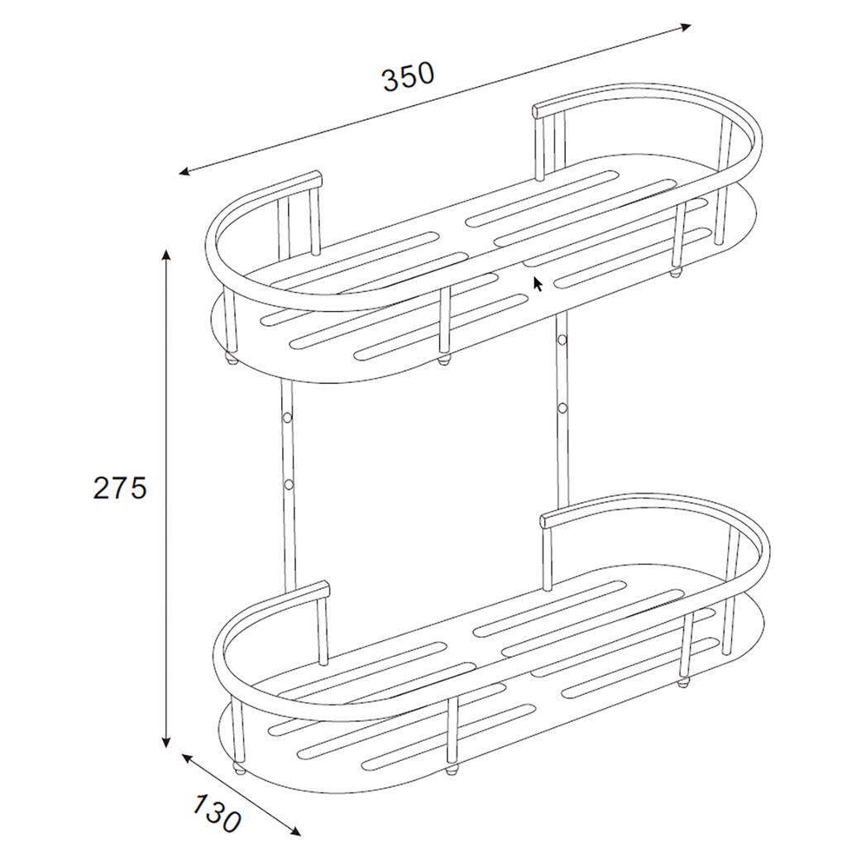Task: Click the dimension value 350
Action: coord(409,76)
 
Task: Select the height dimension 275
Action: coord(120,488)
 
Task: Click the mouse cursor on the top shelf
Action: coord(538,284)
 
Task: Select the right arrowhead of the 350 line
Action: coord(685,26)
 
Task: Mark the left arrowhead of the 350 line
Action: coord(186,172)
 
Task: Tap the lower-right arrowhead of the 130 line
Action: coord(294,830)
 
